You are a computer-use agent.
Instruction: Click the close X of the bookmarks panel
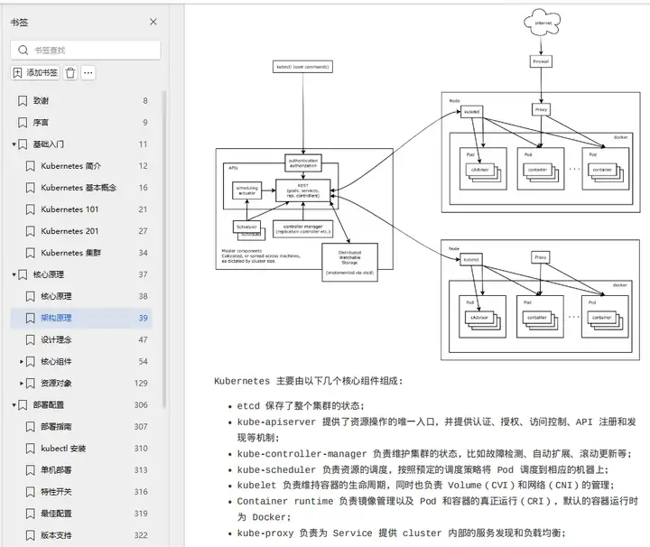153,23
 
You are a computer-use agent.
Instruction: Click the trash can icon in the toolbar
70,73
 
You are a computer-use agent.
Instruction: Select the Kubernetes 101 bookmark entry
70,209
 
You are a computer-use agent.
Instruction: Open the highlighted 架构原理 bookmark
56,318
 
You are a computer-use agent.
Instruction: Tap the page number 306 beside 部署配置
141,405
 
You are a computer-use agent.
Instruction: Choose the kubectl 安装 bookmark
63,449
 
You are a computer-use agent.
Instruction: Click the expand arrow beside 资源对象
22,384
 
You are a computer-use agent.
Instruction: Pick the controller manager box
302,229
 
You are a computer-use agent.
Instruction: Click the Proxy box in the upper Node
541,110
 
